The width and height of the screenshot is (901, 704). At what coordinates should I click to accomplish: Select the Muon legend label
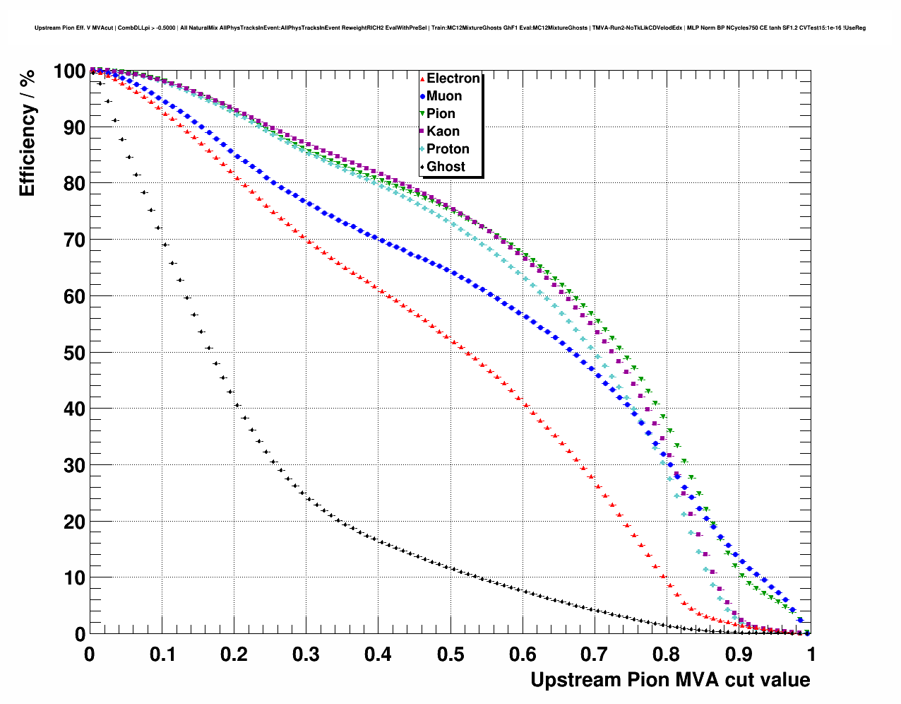coord(444,96)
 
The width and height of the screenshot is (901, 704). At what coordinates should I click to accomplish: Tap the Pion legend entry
coord(441,114)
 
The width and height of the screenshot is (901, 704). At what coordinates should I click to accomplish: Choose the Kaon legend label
coord(443,131)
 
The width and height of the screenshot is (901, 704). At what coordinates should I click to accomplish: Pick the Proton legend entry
coord(448,149)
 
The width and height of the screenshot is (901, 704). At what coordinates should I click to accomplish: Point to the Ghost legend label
coord(446,167)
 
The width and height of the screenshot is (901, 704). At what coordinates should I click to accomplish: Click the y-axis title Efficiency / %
coord(27,134)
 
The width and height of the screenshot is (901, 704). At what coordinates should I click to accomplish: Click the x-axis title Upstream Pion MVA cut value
coord(670,680)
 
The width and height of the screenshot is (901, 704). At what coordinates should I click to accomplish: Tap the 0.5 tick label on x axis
coord(450,655)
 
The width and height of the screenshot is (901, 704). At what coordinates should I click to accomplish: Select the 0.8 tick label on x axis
coord(667,655)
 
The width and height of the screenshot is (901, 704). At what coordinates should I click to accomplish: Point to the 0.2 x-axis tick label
coord(234,655)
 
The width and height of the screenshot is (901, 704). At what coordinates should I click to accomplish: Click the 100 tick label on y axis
coord(69,71)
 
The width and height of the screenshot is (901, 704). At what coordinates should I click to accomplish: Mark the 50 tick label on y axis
coord(74,353)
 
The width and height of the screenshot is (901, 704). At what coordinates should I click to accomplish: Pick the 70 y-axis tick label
coord(74,240)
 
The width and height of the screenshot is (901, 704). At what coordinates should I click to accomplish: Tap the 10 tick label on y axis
coord(74,578)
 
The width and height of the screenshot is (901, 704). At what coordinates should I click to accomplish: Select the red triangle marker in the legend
coord(422,79)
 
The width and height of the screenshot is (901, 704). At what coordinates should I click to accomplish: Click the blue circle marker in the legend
coord(422,97)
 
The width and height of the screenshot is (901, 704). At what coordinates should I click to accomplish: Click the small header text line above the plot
coord(450,28)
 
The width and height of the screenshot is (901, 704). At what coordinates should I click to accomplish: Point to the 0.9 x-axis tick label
coord(739,655)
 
